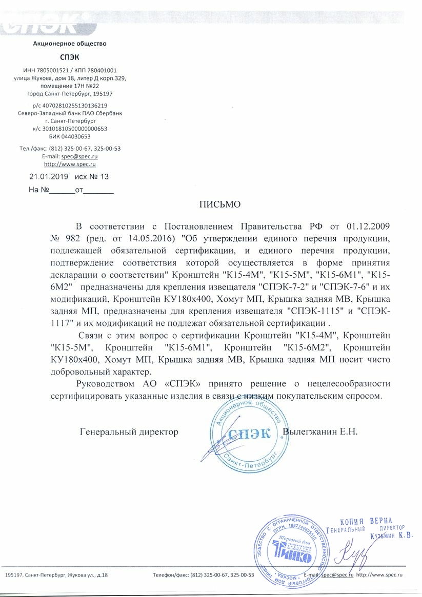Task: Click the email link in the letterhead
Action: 79,156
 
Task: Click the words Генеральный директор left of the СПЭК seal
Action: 129,432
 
